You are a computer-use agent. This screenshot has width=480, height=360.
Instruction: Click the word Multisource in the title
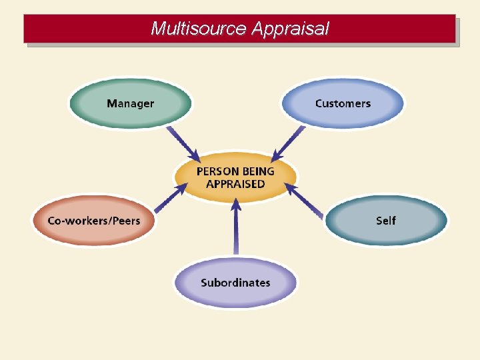click(x=199, y=29)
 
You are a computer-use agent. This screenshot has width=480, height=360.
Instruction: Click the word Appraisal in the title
click(x=292, y=29)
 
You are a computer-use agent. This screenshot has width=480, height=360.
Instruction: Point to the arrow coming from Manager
click(x=183, y=144)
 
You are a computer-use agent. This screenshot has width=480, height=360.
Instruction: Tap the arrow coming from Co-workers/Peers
click(x=171, y=198)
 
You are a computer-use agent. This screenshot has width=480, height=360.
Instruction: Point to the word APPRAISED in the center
click(x=235, y=184)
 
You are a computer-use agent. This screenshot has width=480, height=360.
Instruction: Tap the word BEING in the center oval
click(x=259, y=171)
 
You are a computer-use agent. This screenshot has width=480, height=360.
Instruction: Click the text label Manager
click(x=130, y=103)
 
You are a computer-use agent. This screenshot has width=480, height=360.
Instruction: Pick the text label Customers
click(x=343, y=103)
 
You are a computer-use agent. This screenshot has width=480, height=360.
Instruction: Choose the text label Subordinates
click(x=235, y=282)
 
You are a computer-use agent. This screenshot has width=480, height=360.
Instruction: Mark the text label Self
click(x=386, y=221)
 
